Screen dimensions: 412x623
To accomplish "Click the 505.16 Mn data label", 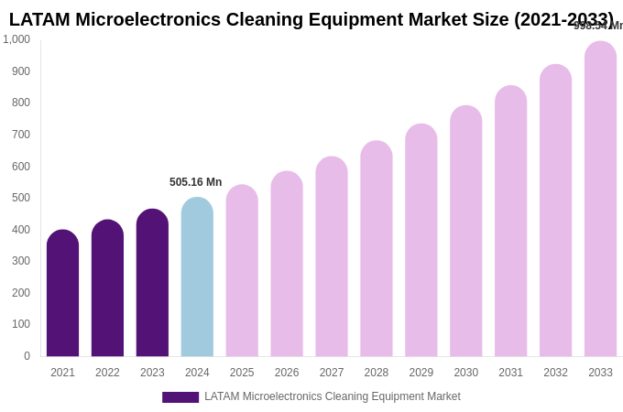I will (195, 182).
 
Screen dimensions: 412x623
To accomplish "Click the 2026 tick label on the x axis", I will (287, 373).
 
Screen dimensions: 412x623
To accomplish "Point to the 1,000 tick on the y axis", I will (16, 39).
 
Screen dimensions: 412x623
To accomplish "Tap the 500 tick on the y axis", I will (21, 198).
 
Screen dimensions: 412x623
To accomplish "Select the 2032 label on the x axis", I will (555, 373).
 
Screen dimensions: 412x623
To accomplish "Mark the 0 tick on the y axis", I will (27, 356).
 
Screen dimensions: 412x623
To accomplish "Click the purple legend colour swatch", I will (180, 397).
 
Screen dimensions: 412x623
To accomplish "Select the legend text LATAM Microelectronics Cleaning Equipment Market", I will (333, 396).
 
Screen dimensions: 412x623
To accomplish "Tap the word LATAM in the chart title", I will (39, 19).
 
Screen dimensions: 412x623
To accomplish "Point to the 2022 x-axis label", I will (107, 373).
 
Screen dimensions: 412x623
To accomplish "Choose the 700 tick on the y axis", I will (21, 135).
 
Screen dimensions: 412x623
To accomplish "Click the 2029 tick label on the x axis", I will (421, 373).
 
